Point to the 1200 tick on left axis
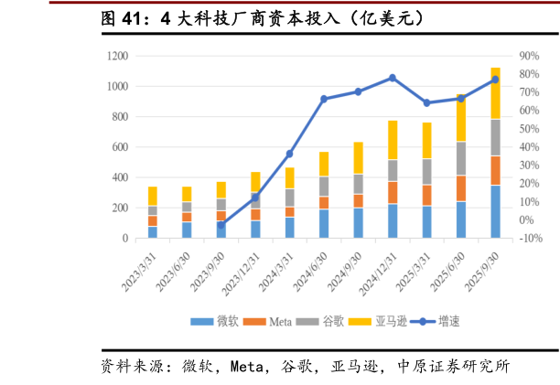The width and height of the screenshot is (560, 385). click(116, 56)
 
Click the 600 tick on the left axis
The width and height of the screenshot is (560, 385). click(119, 147)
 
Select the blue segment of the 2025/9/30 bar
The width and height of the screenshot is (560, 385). click(495, 211)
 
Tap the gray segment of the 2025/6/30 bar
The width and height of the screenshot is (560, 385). click(461, 158)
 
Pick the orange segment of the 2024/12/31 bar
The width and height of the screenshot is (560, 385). click(393, 192)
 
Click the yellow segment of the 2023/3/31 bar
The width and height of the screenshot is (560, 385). click(153, 196)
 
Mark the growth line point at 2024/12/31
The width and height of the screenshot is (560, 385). click(393, 78)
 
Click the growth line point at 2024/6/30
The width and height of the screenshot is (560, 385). click(324, 99)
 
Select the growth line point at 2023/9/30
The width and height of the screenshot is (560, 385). click(221, 225)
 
